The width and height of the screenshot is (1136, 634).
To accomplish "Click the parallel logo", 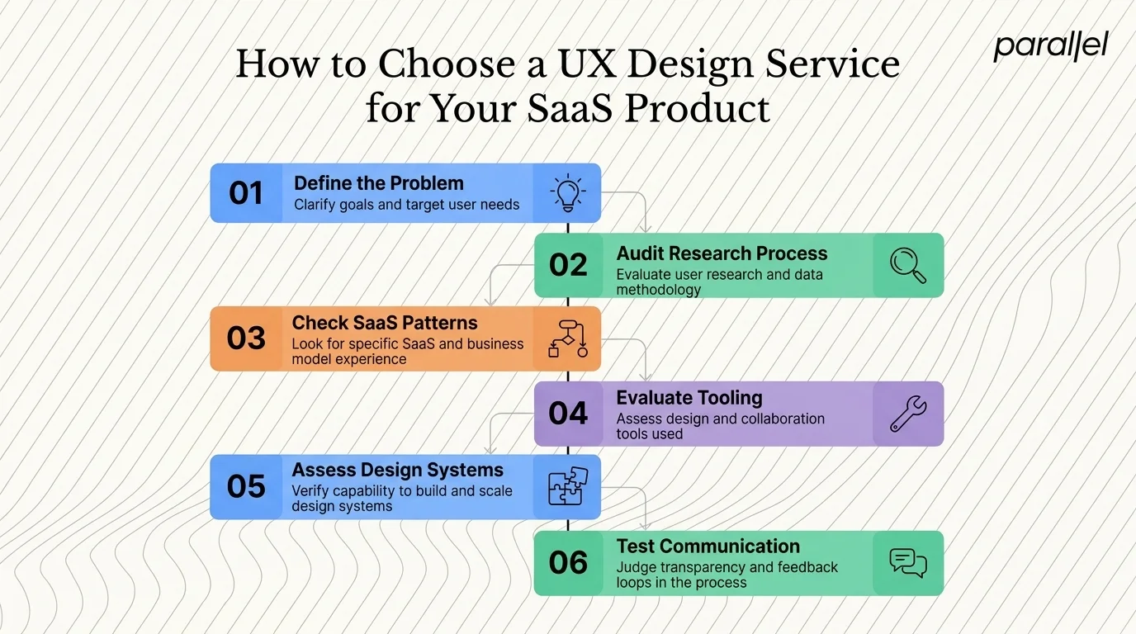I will point(1050,47).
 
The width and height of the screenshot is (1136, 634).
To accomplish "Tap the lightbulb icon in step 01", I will point(567,192).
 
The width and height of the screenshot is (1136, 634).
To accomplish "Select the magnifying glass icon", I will point(907,265).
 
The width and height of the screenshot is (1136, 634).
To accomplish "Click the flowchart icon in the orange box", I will point(567,338).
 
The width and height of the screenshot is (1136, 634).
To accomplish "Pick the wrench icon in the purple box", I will point(907,413).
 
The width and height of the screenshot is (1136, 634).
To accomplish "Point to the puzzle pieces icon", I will point(567,487).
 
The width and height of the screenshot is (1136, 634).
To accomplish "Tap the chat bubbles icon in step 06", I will point(907,563).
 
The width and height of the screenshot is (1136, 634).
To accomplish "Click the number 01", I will point(245,193).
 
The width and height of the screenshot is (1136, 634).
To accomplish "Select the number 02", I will point(568,265).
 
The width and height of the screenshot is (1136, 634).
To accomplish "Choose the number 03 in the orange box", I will point(245,338).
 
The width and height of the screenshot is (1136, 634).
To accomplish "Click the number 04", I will point(568,413).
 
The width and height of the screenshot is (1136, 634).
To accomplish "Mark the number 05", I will point(245,487).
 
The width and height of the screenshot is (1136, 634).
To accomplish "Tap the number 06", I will point(568,563).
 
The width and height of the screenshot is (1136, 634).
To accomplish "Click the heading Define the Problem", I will point(379,183).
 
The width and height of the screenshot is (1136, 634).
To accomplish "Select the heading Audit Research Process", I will point(722,253).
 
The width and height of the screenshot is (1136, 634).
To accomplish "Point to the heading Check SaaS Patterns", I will point(385,323).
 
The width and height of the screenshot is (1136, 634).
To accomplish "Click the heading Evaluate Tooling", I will point(689,398).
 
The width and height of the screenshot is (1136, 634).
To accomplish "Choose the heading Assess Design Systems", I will point(397,471).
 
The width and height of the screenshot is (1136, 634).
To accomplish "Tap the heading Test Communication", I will point(708,546).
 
